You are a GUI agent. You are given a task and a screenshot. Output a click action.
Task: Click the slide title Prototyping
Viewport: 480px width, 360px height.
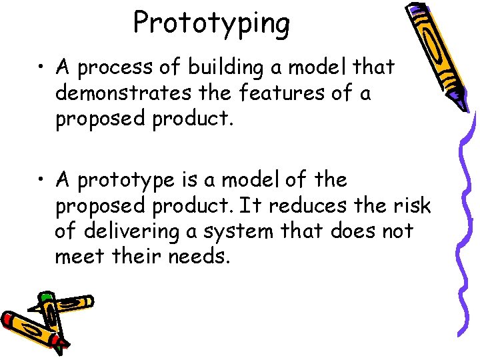click(211, 23)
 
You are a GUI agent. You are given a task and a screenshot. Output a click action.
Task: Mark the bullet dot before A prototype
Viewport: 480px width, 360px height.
click(42, 181)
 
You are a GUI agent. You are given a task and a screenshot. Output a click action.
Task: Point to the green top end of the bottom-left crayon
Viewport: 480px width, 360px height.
click(45, 296)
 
